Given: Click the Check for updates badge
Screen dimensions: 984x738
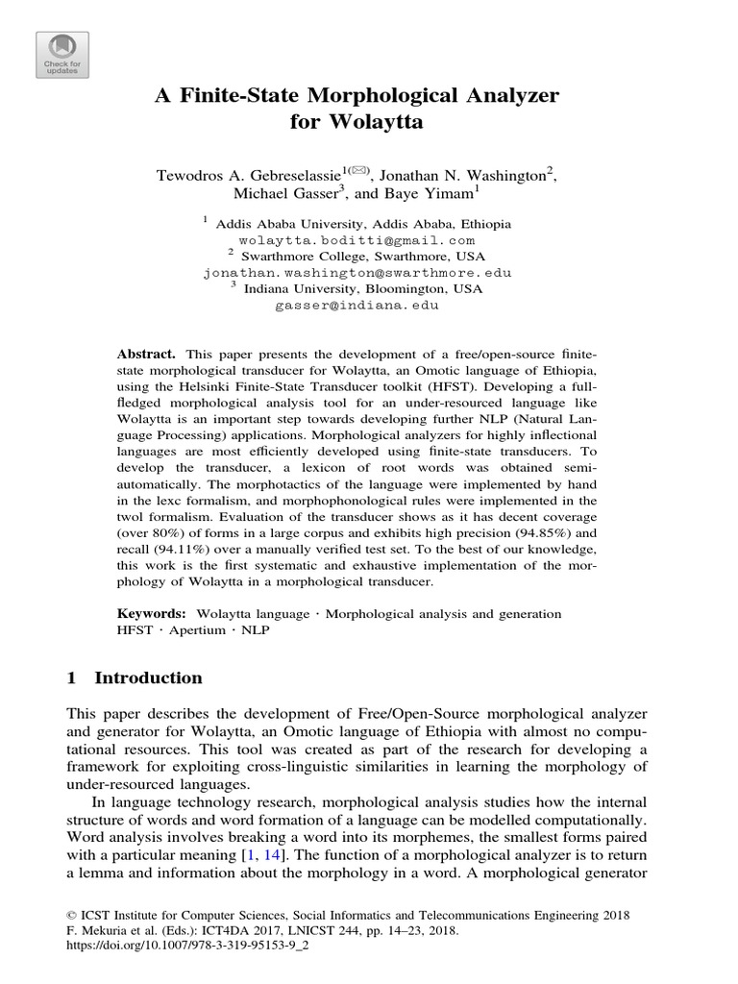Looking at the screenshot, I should pyautogui.click(x=61, y=55).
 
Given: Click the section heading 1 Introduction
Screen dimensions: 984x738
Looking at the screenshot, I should pyautogui.click(x=135, y=678).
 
